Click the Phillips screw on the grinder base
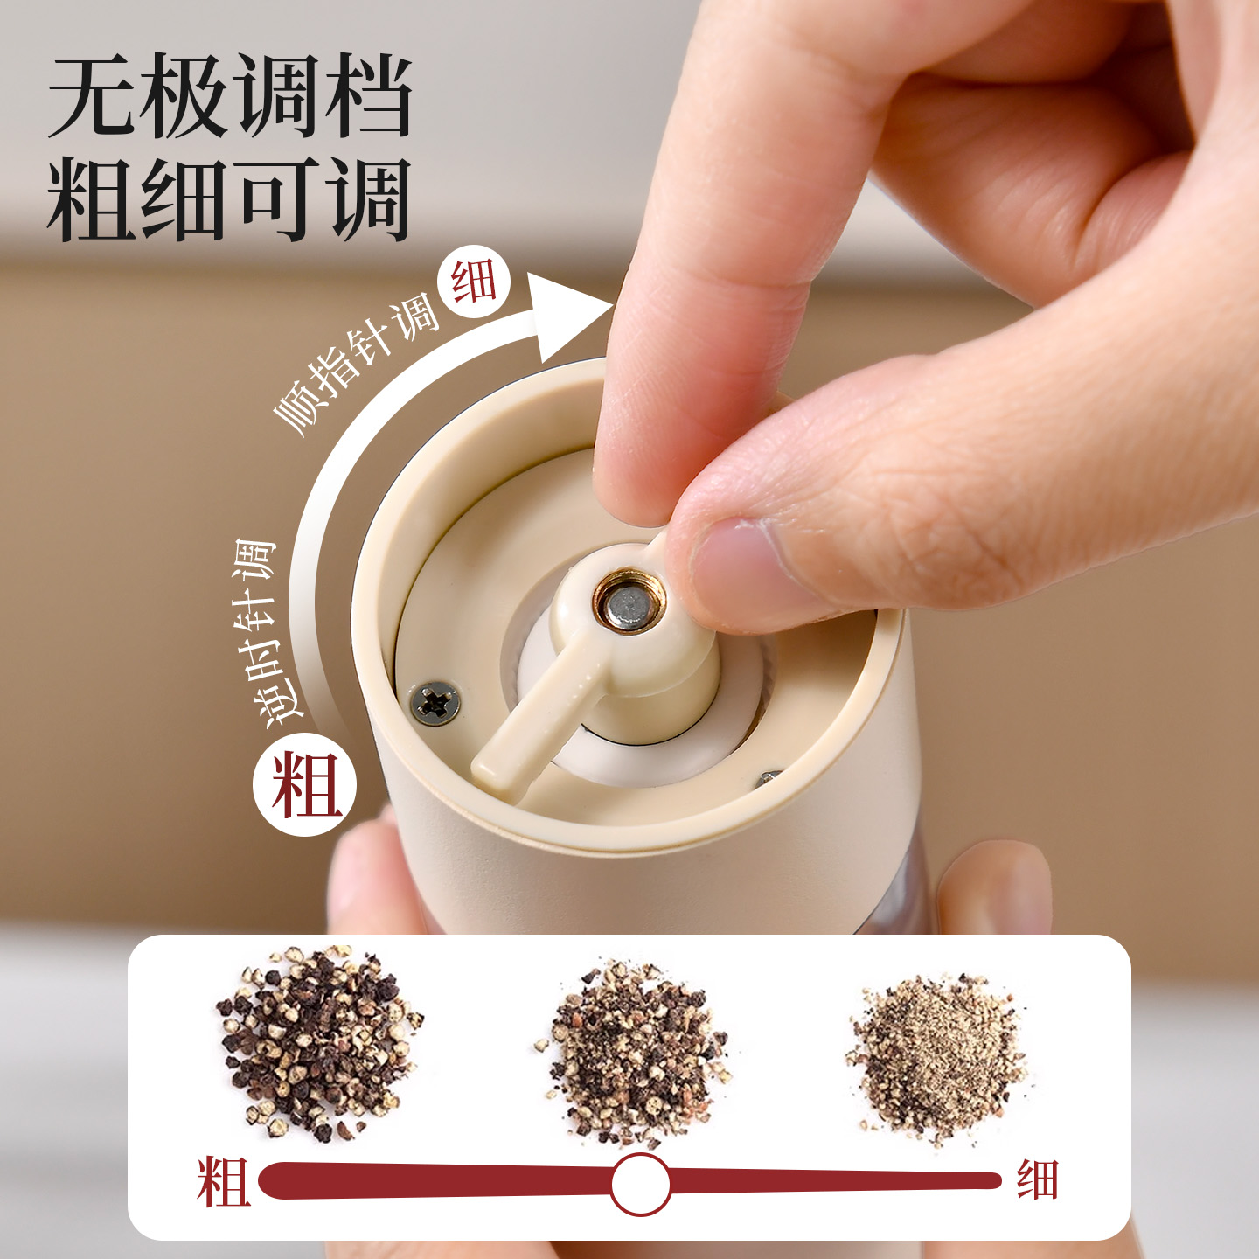pos(435,703)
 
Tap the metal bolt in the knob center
pos(629,606)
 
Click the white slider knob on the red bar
pos(640,1183)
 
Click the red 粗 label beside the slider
pos(224,1182)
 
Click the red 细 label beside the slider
pos(1037,1180)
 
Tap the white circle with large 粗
pos(305,784)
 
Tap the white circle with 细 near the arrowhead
pos(475,283)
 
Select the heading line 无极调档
pos(230,96)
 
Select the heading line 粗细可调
pos(229,198)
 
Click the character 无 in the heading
pos(92,96)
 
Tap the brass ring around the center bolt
pos(629,606)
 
